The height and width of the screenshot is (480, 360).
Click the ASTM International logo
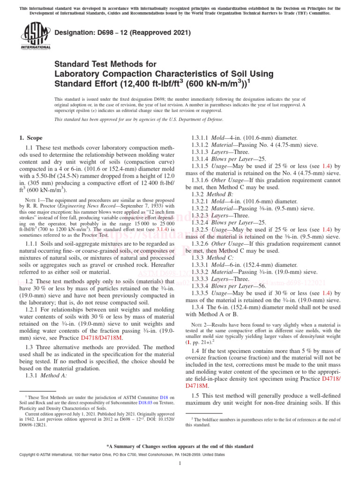pyautogui.click(x=36, y=37)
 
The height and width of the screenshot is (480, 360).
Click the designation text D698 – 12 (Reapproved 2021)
pyautogui.click(x=123, y=33)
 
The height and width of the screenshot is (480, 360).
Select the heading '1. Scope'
pyautogui.click(x=30, y=138)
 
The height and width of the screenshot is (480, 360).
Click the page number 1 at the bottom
pyautogui.click(x=180, y=464)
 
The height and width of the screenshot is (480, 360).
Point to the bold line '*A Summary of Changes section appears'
pyautogui.click(x=180, y=446)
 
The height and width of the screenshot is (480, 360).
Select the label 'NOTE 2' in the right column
pyautogui.click(x=201, y=324)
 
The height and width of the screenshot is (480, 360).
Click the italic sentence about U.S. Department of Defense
pyautogui.click(x=139, y=120)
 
